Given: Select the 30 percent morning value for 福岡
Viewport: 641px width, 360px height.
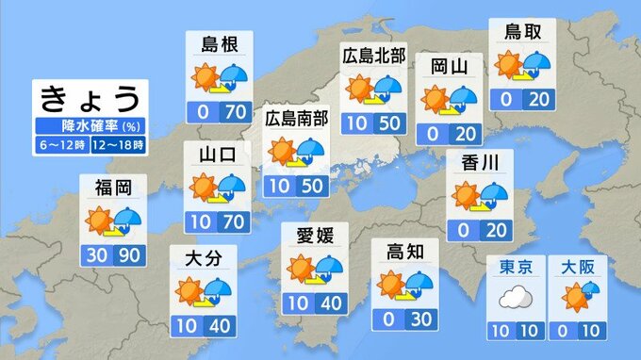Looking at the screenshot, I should click(96, 256).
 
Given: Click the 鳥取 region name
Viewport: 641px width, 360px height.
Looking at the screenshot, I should click(521, 31).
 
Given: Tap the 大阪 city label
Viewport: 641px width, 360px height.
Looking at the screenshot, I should click(577, 267).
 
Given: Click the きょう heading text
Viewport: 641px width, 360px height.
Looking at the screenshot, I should click(90, 98).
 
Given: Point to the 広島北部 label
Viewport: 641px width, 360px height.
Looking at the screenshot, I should click(374, 57).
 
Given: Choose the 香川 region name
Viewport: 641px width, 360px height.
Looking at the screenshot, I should click(480, 163).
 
